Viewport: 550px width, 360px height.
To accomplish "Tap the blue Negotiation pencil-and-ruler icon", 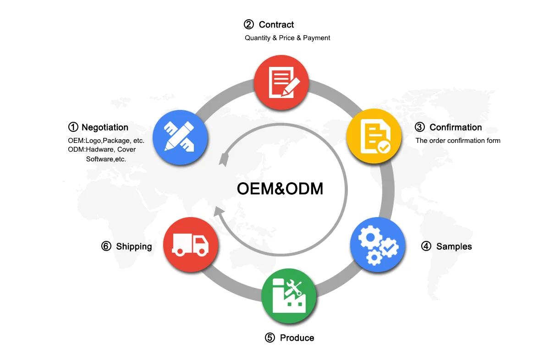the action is pyautogui.click(x=180, y=137).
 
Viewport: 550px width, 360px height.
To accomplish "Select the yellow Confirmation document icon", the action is pyautogui.click(x=374, y=136).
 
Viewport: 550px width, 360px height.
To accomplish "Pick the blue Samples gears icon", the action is pyautogui.click(x=378, y=245).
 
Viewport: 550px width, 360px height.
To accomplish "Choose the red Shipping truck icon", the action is pyautogui.click(x=191, y=245).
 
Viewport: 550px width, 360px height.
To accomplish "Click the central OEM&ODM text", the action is pyautogui.click(x=280, y=188).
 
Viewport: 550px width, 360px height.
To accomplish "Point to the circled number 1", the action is pyautogui.click(x=73, y=127).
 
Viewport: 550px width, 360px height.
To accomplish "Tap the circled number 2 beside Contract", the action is pyautogui.click(x=249, y=25).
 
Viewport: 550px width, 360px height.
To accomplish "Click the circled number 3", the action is pyautogui.click(x=420, y=127).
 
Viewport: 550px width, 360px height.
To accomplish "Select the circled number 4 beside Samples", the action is pyautogui.click(x=426, y=246).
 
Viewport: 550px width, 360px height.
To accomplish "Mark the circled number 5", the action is pyautogui.click(x=270, y=338).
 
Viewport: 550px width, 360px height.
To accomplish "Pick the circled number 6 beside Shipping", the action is pyautogui.click(x=106, y=246).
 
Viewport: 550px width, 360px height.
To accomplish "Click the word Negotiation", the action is pyautogui.click(x=105, y=127).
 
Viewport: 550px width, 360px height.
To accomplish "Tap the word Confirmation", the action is pyautogui.click(x=456, y=127).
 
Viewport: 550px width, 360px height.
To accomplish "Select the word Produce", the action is pyautogui.click(x=297, y=338).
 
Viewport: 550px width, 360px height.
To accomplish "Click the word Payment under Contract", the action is pyautogui.click(x=317, y=38).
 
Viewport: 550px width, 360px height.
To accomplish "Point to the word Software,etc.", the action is pyautogui.click(x=106, y=159).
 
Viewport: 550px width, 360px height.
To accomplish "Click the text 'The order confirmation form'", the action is pyautogui.click(x=458, y=141).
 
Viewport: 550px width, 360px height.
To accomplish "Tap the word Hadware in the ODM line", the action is pyautogui.click(x=102, y=149).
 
